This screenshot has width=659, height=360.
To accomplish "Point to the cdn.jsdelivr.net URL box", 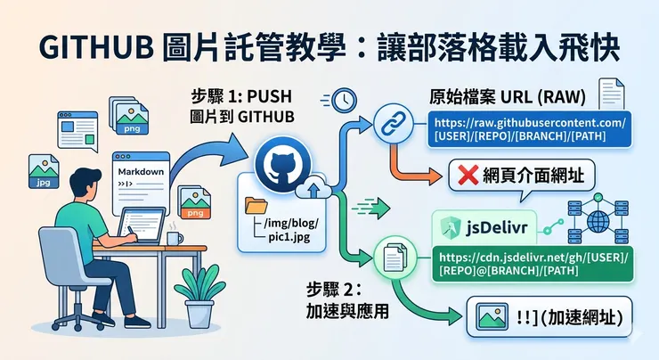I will point(531,265).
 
